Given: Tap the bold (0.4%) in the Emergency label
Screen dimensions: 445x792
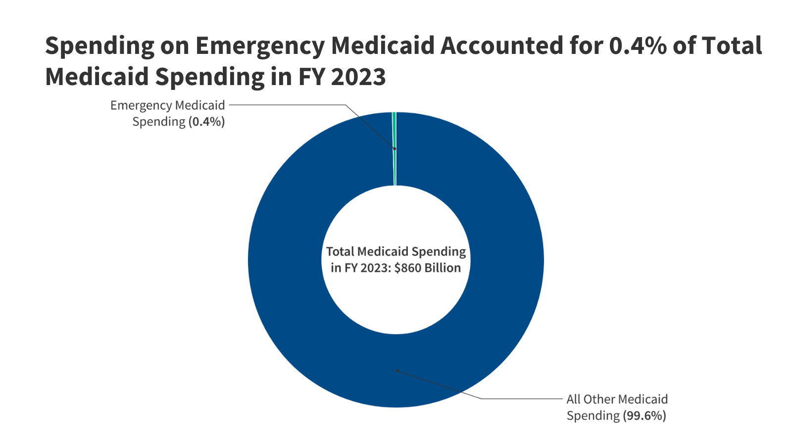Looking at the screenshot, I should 206,122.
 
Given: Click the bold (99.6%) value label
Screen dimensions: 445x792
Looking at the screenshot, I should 644,416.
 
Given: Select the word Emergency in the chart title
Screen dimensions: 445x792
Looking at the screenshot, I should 259,46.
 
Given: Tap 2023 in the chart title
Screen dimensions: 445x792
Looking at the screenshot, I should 358,77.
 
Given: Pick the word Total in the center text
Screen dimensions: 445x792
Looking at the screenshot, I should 340,252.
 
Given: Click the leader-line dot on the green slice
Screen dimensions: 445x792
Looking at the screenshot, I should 395,148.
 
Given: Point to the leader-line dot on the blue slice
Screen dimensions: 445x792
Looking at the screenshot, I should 396,371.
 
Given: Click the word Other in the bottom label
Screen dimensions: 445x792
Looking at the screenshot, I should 599,400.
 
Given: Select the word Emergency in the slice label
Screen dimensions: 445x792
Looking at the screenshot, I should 141,105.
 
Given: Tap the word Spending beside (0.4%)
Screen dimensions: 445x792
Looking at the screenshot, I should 158,122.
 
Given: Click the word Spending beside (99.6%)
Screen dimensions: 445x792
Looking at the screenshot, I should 593,416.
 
